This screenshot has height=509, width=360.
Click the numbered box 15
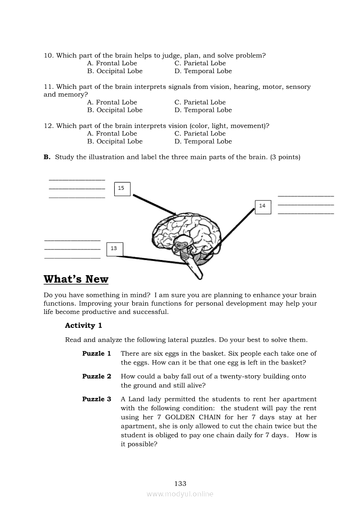122,189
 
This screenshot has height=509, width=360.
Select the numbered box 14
262,206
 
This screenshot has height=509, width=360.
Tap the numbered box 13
114,249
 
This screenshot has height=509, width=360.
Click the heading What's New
76,279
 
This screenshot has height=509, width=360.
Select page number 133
180,483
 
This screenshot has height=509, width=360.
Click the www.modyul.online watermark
180,494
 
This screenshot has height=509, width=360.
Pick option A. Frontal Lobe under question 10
112,63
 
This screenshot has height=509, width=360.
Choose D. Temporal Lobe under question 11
203,110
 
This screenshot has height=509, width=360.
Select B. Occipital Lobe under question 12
115,142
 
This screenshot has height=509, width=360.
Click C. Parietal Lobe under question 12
200,134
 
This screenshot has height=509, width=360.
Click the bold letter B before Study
47,157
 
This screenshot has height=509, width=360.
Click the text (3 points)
285,157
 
